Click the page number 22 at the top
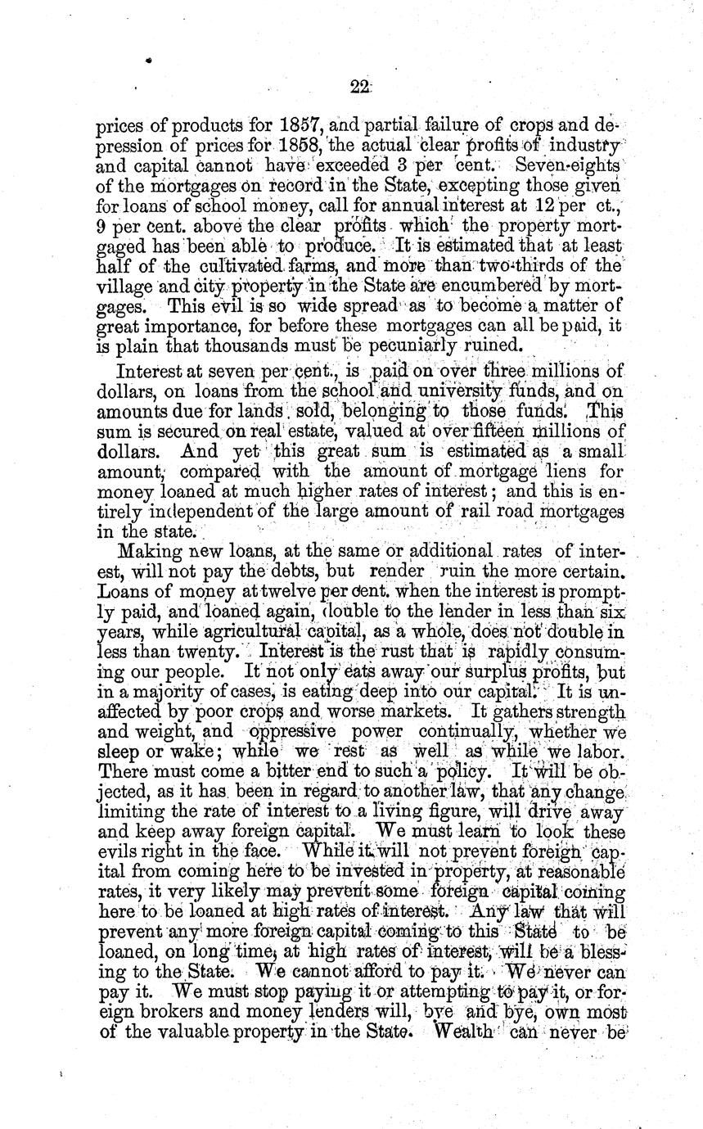(359, 88)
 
